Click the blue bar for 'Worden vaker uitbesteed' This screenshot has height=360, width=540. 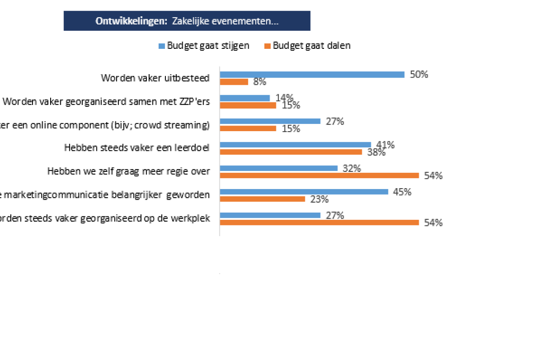[x=312, y=75]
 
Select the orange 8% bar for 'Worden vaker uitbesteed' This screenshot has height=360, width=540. [x=234, y=82]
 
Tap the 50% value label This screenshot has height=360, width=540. [x=419, y=74]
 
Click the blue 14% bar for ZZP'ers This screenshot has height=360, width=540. [x=245, y=98]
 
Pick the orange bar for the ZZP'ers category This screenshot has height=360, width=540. [x=248, y=105]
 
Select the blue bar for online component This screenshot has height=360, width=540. [x=270, y=121]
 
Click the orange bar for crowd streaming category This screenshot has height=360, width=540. [x=248, y=129]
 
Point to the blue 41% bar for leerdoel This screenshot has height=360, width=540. [x=295, y=145]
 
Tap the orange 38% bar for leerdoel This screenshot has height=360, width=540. [x=291, y=152]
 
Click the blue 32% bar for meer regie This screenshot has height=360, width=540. [x=279, y=168]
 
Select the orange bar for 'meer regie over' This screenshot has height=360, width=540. [x=319, y=175]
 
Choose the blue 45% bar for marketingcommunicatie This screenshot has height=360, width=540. [x=304, y=192]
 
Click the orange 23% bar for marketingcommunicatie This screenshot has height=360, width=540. [x=262, y=199]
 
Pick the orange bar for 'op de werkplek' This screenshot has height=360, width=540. [x=319, y=222]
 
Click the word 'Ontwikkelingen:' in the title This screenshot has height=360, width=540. [x=131, y=21]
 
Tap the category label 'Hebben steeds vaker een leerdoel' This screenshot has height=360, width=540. [x=137, y=148]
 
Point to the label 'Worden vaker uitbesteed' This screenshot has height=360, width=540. [x=155, y=78]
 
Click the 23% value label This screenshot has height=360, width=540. [x=319, y=199]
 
